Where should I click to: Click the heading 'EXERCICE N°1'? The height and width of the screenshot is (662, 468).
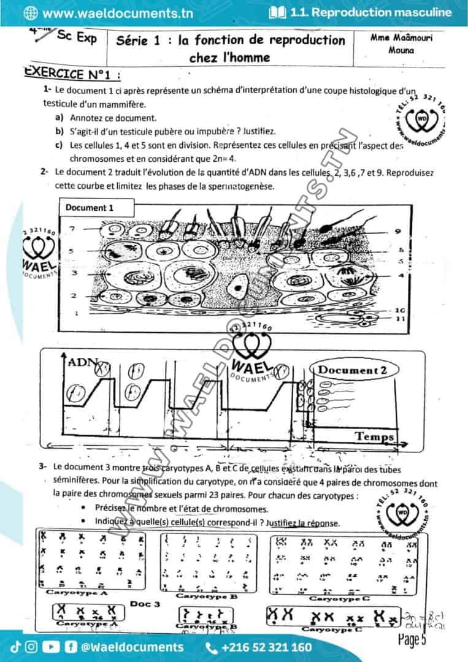(x=72, y=74)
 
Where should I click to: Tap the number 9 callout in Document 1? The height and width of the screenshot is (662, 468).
(x=399, y=232)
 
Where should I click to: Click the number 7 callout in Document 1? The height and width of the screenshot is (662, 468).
(x=72, y=229)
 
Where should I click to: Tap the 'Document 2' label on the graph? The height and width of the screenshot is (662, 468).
(x=352, y=370)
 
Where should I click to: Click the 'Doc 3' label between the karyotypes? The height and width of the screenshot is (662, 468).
(x=145, y=604)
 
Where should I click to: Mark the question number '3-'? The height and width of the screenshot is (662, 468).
(x=43, y=466)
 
